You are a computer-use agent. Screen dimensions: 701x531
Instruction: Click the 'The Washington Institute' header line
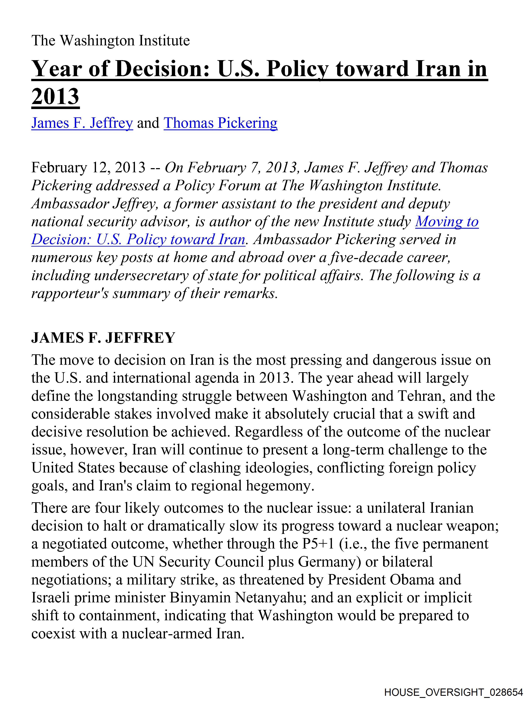pyautogui.click(x=110, y=41)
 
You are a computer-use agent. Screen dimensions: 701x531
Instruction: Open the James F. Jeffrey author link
pyautogui.click(x=82, y=123)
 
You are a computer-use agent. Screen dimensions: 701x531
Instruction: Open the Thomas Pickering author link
pyautogui.click(x=221, y=123)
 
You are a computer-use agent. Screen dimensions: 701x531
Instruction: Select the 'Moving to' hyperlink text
pyautogui.click(x=447, y=222)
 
